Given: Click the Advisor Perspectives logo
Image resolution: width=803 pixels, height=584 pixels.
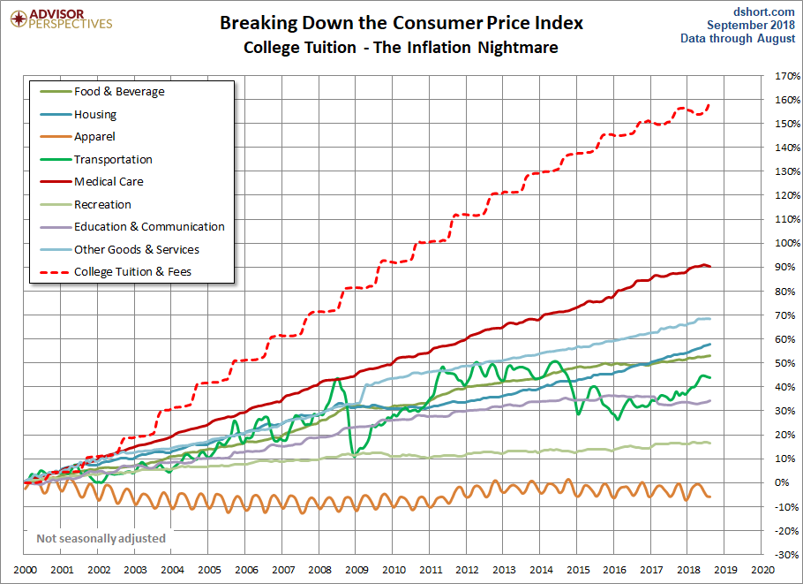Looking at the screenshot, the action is click(x=61, y=19).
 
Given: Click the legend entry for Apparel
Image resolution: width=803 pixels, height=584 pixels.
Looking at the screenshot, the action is click(x=78, y=136).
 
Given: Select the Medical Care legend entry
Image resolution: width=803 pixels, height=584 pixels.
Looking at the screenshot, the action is click(x=92, y=181).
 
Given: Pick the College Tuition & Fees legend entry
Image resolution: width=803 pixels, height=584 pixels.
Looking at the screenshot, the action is click(x=116, y=272).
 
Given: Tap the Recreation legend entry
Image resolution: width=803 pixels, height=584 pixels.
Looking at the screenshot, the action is click(x=86, y=204).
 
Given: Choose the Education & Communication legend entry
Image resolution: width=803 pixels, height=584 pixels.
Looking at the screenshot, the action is click(x=132, y=227).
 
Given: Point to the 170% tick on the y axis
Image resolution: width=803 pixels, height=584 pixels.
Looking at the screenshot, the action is click(x=787, y=76).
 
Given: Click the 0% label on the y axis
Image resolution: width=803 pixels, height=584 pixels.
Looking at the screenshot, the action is click(x=782, y=482).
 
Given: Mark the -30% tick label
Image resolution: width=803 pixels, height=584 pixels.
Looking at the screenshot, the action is click(x=787, y=554).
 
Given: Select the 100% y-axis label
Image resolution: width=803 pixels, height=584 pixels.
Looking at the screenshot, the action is click(x=787, y=243).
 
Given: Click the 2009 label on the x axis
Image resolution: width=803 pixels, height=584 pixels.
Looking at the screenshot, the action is click(x=357, y=570).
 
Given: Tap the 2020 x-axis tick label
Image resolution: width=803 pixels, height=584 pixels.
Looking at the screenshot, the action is click(x=762, y=570).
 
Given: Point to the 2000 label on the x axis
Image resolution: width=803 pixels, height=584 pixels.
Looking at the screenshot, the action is click(x=25, y=570).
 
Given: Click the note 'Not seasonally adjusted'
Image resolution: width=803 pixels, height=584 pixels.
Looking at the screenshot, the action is click(x=101, y=538).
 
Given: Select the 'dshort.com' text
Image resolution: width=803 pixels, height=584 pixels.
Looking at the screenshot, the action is click(x=763, y=11).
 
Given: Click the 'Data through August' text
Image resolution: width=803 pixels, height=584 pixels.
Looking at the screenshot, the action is click(x=738, y=39).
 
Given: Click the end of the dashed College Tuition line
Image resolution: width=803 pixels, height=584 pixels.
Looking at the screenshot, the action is click(x=709, y=105).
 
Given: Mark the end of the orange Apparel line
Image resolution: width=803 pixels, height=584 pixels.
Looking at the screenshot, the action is click(x=709, y=497).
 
